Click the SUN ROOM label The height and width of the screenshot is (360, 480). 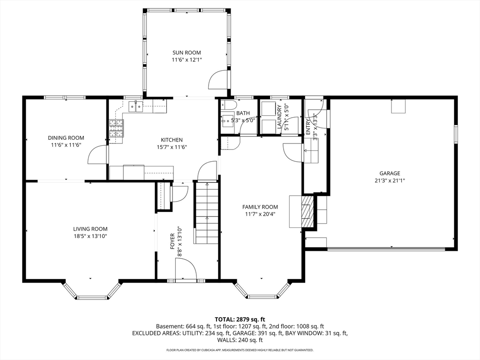point(187,52)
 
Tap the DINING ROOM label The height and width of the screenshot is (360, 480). point(66,138)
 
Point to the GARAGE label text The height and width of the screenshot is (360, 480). point(390,173)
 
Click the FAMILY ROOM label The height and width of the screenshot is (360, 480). point(260,207)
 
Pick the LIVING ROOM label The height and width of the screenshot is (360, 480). point(90,229)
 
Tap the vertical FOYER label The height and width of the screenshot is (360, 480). point(172,241)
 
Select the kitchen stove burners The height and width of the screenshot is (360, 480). point(116,128)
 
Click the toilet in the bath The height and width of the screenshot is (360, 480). point(227,105)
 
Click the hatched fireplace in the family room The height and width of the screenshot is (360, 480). point(307,211)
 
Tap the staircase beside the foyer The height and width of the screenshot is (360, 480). point(207,213)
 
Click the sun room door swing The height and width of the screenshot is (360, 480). point(218,80)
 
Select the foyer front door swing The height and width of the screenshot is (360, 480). point(186,269)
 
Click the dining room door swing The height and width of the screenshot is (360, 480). point(98,155)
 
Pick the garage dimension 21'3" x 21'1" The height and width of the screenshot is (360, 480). point(390,180)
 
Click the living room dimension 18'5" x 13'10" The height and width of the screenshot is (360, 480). point(90,236)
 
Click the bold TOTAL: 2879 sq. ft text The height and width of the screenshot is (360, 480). point(240,320)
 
